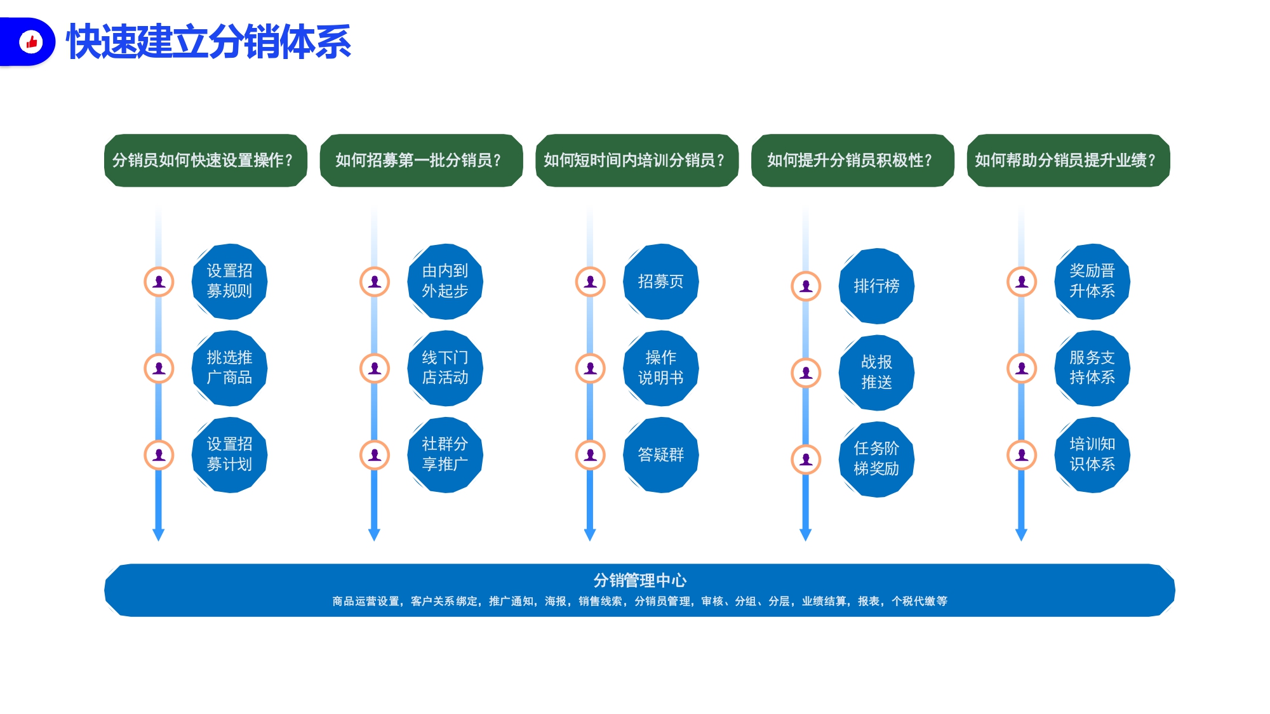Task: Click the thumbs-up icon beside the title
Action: click(31, 42)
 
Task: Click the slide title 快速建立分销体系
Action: click(209, 42)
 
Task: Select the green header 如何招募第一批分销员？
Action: click(421, 161)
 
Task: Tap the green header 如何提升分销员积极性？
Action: click(852, 161)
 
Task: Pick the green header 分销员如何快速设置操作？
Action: click(205, 161)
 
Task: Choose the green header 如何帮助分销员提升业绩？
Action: click(1068, 161)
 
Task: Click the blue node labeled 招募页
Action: click(661, 281)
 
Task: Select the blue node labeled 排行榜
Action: click(876, 286)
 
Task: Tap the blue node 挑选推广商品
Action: click(229, 368)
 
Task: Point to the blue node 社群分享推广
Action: click(445, 454)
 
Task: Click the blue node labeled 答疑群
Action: click(661, 454)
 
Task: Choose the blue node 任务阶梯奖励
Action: click(876, 459)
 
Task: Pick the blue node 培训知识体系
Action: click(1092, 454)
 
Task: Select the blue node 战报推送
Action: click(876, 373)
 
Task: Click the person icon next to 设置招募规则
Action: click(159, 281)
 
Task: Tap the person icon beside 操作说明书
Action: click(591, 368)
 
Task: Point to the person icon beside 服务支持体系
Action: click(1022, 368)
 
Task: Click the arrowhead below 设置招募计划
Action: click(159, 535)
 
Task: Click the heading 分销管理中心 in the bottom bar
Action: click(639, 580)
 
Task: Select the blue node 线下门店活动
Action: click(445, 368)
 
